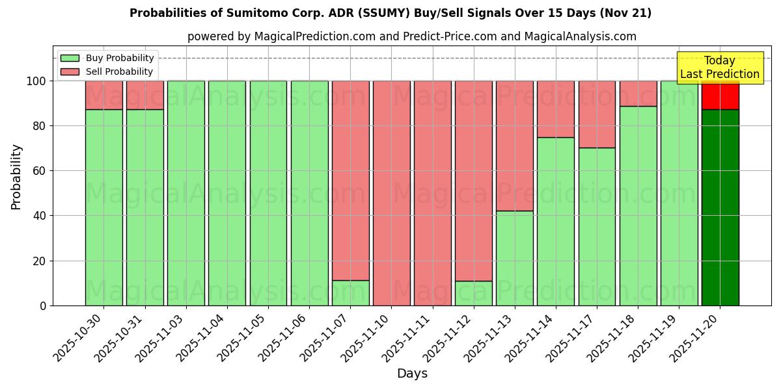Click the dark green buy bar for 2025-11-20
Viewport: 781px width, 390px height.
720,208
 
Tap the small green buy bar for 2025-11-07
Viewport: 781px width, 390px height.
350,293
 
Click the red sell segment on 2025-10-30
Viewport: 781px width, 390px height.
103,95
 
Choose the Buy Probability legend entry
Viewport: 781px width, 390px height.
107,58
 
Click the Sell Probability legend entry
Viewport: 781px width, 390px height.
107,71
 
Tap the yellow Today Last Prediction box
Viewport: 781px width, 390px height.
720,68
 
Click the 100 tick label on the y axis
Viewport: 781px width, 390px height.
35,81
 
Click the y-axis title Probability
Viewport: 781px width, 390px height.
16,177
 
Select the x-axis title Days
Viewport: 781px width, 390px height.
412,374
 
